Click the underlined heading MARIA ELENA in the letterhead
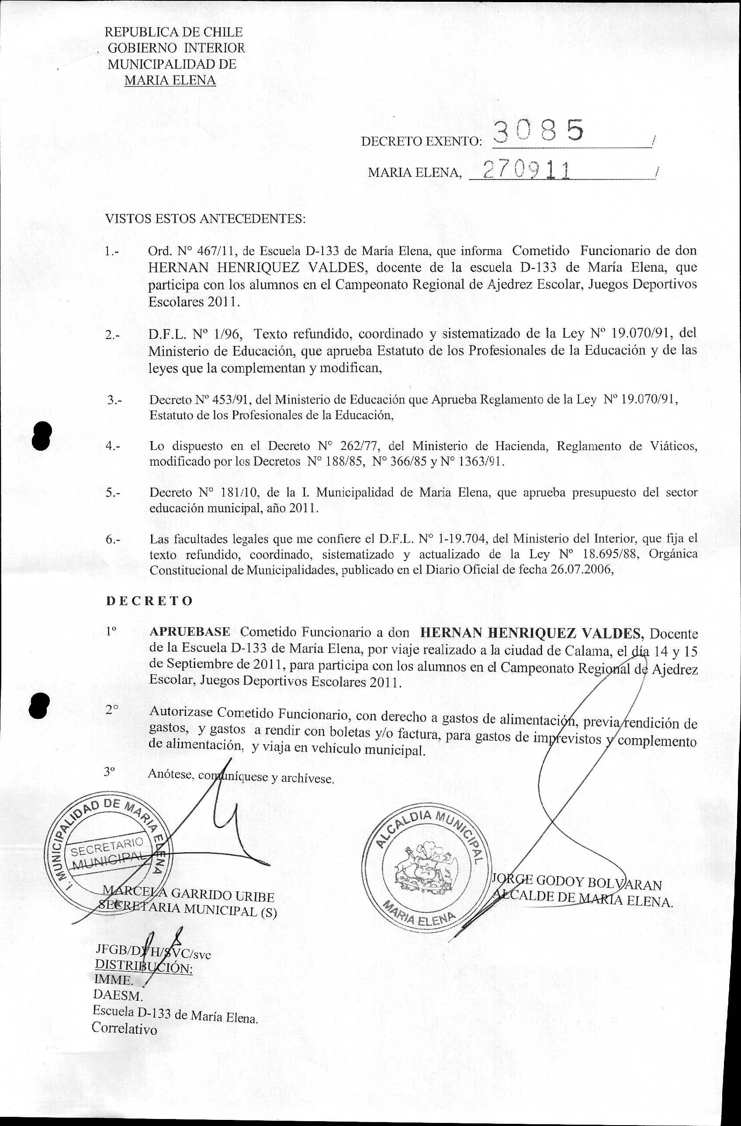pos(170,80)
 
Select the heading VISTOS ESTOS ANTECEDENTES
pos(205,219)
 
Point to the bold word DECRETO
pos(149,601)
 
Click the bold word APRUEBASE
pos(190,632)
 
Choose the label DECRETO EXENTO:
pos(421,142)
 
